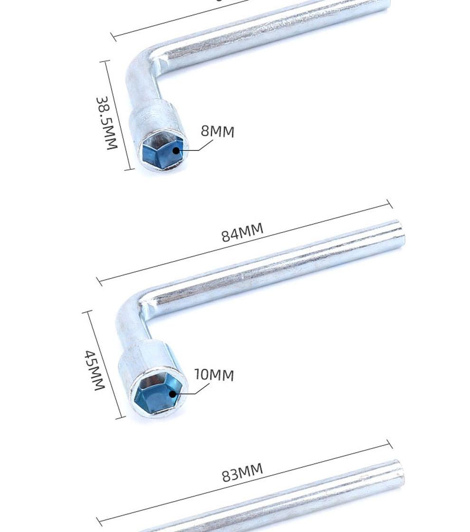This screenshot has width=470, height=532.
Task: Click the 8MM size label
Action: (x=217, y=131)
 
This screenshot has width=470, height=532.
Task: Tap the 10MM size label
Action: (x=214, y=374)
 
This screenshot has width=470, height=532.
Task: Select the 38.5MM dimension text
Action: (x=107, y=123)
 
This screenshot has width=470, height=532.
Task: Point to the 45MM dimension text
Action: (x=94, y=370)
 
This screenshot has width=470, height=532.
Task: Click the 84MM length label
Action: (x=242, y=232)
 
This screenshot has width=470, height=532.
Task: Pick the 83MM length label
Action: (x=242, y=472)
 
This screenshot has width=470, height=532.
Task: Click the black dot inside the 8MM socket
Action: (x=176, y=150)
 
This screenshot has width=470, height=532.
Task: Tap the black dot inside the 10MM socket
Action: (x=172, y=394)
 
